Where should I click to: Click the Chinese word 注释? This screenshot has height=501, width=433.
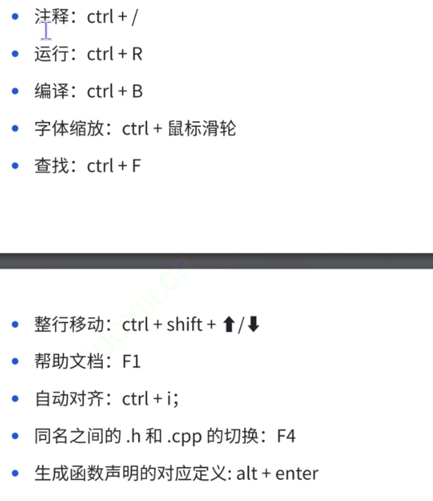[x=55, y=18]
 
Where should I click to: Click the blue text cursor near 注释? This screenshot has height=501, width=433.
[x=46, y=30]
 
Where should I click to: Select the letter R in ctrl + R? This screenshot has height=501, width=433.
[x=137, y=54]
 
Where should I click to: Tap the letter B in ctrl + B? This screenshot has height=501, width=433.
[x=137, y=92]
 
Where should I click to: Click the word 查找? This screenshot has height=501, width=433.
[x=55, y=166]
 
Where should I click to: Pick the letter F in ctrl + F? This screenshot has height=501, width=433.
[x=137, y=166]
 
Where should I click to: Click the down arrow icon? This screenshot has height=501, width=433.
[x=254, y=325]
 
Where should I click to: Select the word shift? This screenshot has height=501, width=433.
[x=184, y=325]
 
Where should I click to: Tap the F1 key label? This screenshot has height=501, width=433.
[x=132, y=362]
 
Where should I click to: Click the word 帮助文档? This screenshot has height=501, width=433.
[x=70, y=362]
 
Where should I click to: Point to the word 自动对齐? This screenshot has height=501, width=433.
[x=70, y=400]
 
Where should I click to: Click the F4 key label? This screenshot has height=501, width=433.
[x=286, y=437]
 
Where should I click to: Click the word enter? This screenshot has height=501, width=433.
[x=296, y=474]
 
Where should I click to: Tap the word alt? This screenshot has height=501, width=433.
[x=247, y=474]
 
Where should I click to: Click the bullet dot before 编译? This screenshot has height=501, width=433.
[x=16, y=92]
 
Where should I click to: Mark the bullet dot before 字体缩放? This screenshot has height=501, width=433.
[x=16, y=129]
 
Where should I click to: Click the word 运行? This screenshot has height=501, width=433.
[x=55, y=54]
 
